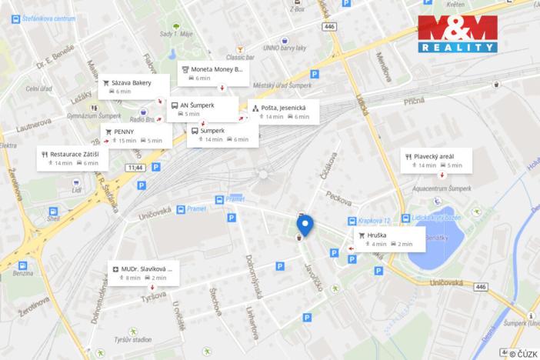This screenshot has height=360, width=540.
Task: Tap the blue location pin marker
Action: [x=305, y=225]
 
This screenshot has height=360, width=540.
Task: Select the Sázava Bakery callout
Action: [x=129, y=86]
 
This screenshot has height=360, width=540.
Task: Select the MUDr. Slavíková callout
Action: [x=145, y=272]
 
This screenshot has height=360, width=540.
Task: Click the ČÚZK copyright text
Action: [x=524, y=353]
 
